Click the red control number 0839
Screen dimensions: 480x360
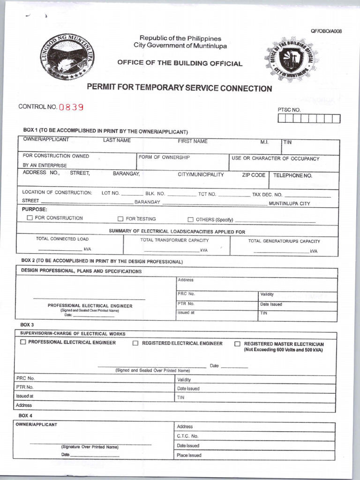[71, 107]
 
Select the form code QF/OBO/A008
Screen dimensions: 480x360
[326, 31]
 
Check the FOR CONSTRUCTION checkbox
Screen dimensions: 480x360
[30, 218]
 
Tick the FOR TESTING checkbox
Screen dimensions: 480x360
[120, 219]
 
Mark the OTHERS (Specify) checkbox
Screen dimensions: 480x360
[191, 219]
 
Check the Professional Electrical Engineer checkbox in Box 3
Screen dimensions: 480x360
[23, 343]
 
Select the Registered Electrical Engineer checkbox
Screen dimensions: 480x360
[135, 344]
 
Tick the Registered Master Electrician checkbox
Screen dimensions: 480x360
[237, 344]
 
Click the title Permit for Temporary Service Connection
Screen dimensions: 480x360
[180, 89]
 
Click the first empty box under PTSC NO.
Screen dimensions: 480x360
[281, 119]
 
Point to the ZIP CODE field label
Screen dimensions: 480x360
[254, 175]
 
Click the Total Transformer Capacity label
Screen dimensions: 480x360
[174, 240]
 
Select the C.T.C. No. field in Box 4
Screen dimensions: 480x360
[188, 436]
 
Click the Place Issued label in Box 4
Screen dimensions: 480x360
[189, 455]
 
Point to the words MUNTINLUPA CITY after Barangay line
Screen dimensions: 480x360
[289, 204]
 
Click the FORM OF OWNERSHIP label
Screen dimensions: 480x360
[164, 157]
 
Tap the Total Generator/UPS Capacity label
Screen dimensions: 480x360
[284, 241]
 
